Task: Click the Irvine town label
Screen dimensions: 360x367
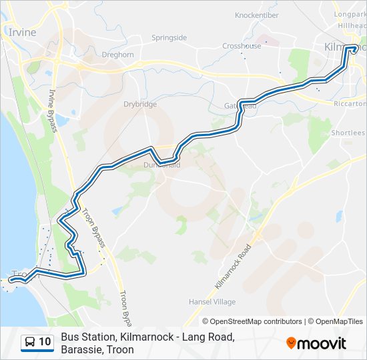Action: pos(21,32)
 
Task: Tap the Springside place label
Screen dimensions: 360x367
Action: pos(169,38)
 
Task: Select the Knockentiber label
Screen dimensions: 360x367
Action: pos(256,15)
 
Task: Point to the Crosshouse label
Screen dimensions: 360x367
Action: pos(242,46)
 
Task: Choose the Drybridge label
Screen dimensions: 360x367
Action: pos(140,104)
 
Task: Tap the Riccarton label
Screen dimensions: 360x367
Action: pos(350,104)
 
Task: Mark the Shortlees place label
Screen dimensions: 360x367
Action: pos(348,133)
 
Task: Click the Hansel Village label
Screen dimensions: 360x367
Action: pos(212,302)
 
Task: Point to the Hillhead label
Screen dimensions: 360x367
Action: pos(352,25)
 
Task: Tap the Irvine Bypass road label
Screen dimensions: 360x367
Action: pos(53,109)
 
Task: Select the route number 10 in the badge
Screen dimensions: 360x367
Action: pos(45,343)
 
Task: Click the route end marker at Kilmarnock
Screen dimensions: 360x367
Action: pos(354,48)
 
